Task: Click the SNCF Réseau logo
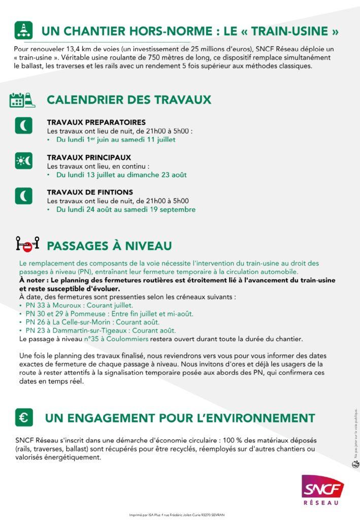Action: [x=322, y=489]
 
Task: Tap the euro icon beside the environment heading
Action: [x=23, y=417]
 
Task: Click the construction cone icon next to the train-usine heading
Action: [x=23, y=31]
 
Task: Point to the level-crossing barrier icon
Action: [x=27, y=245]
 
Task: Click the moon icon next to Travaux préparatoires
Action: [x=23, y=125]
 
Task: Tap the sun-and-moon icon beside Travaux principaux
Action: [x=23, y=161]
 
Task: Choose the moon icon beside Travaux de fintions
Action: [x=23, y=196]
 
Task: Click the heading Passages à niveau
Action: [x=109, y=246]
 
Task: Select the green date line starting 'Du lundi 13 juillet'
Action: [x=121, y=175]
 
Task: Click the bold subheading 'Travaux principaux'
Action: [x=89, y=157]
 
